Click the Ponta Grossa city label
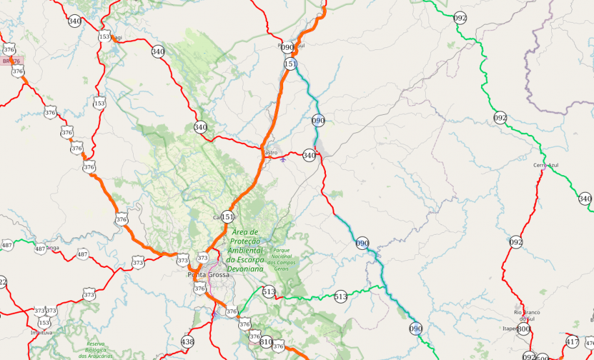pyautogui.click(x=208, y=274)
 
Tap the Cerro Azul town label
pyautogui.click(x=546, y=165)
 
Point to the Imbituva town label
pyautogui.click(x=42, y=332)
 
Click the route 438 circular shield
pyautogui.click(x=188, y=342)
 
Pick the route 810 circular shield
pyautogui.click(x=266, y=341)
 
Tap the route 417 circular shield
pyautogui.click(x=572, y=342)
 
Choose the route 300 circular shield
pyautogui.click(x=523, y=329)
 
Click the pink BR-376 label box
pyautogui.click(x=11, y=61)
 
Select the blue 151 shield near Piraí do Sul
pyautogui.click(x=290, y=64)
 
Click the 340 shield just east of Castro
pyautogui.click(x=309, y=155)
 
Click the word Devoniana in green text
pyautogui.click(x=245, y=268)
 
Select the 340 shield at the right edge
pyautogui.click(x=585, y=198)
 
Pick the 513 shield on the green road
pyautogui.click(x=340, y=296)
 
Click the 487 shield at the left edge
pyautogui.click(x=7, y=245)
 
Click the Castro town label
pyautogui.click(x=269, y=152)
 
